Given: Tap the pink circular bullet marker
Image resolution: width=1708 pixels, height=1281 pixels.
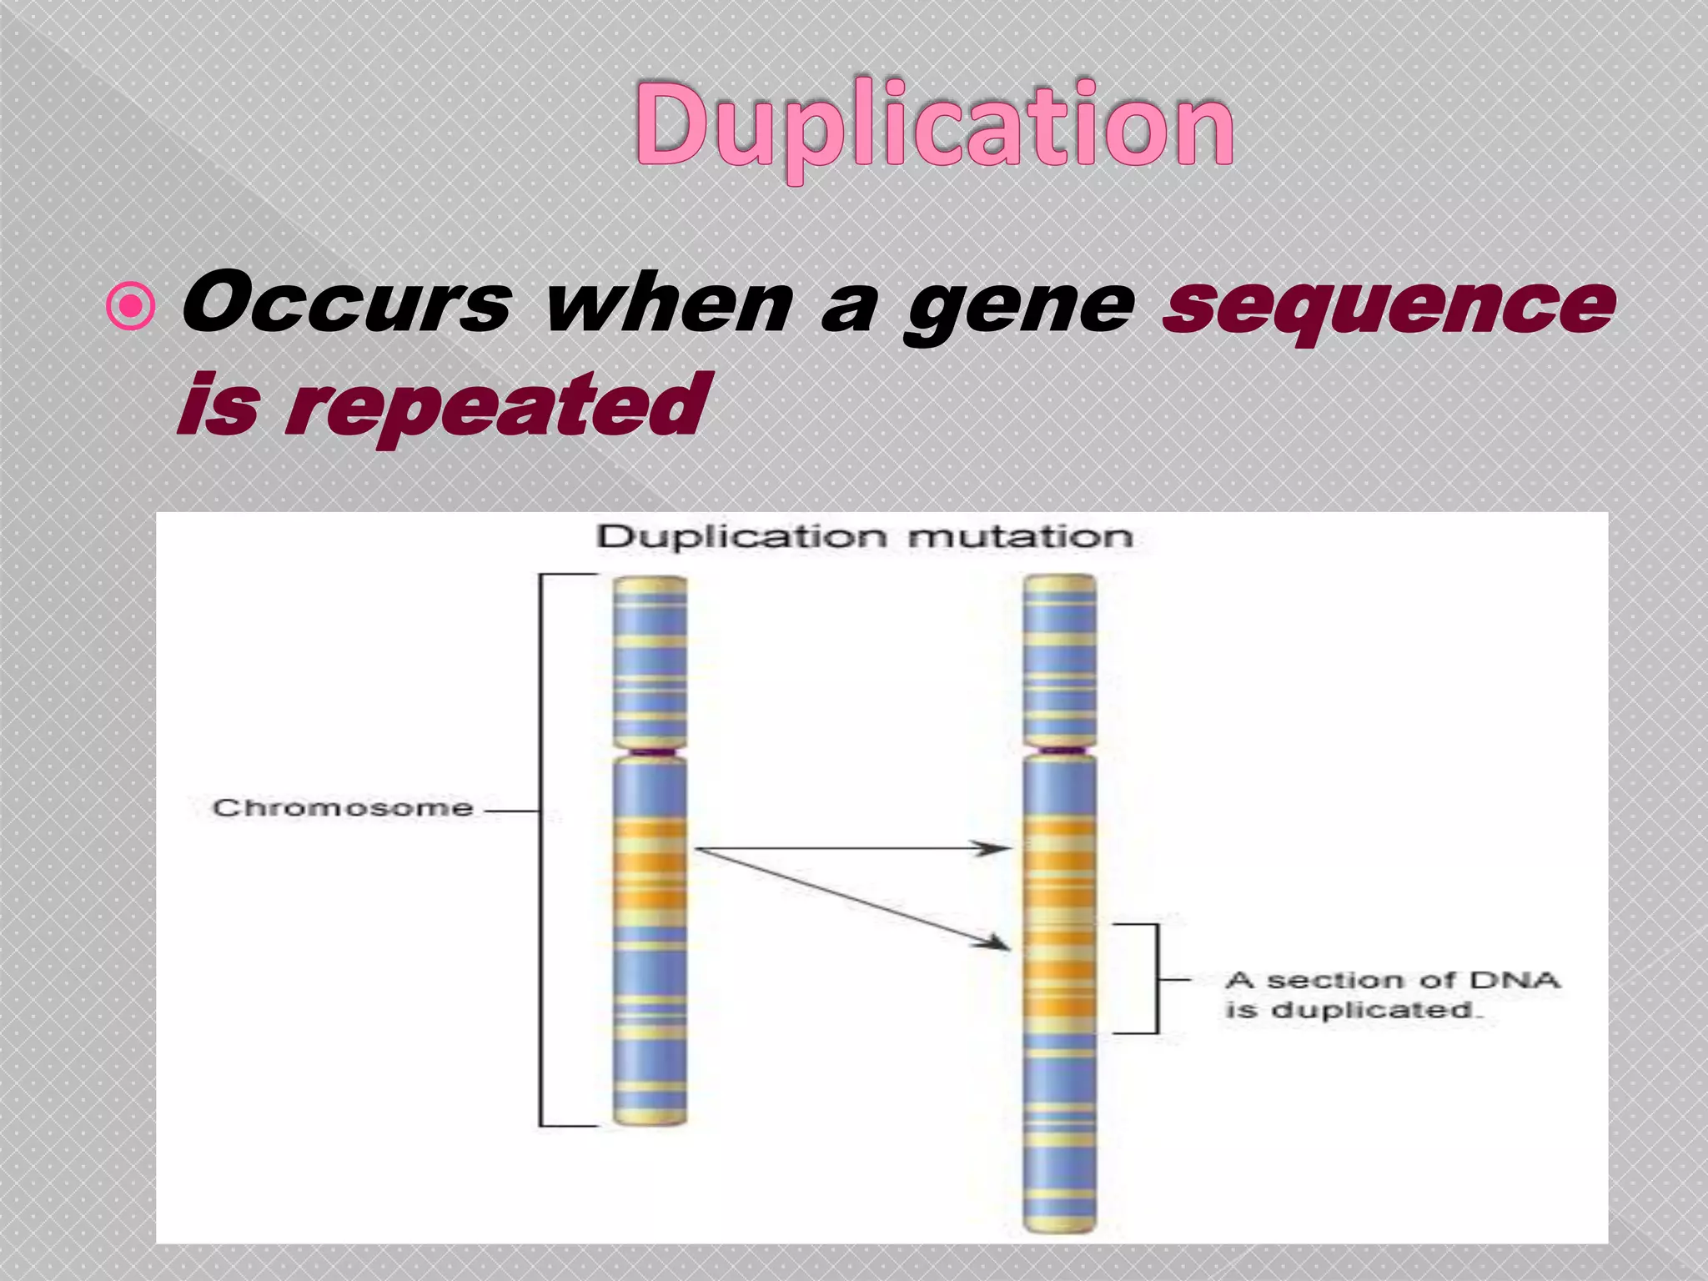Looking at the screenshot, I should click(132, 307).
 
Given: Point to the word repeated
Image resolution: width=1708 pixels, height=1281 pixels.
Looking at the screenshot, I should click(496, 407).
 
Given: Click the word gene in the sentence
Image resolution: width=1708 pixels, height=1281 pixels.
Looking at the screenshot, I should click(1022, 307).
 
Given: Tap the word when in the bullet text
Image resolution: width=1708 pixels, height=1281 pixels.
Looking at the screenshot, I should click(667, 304).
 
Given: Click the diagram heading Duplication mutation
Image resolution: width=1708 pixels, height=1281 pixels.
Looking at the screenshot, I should click(865, 536).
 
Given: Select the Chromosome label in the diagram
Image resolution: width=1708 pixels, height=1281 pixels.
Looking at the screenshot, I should click(343, 807).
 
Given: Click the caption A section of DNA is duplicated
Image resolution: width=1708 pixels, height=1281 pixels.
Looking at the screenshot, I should click(1391, 994).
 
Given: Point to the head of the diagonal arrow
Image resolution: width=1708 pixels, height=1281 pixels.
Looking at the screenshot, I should click(995, 943).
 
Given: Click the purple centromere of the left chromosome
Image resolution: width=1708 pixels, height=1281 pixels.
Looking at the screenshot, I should click(651, 752).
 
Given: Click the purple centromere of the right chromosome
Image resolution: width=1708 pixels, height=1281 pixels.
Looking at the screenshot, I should click(1059, 752).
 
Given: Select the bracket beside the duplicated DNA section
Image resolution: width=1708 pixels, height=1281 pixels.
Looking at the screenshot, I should click(1156, 978).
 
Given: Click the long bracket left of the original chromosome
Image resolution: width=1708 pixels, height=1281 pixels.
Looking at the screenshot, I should click(541, 851).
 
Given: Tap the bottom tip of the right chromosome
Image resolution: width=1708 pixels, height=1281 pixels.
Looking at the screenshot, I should click(1059, 1226).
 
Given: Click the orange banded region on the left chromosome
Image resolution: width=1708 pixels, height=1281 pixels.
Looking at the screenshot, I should click(651, 867).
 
